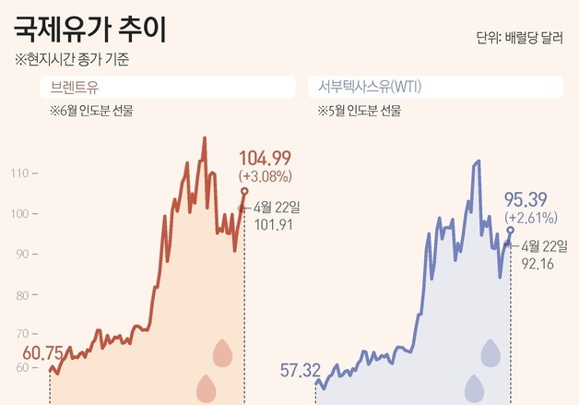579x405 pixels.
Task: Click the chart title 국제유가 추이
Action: tap(90, 30)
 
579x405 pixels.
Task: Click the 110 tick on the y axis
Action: tap(18, 173)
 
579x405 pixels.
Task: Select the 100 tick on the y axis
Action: tap(18, 214)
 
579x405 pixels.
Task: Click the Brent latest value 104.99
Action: tap(265, 157)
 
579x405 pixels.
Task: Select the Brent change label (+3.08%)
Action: tap(266, 174)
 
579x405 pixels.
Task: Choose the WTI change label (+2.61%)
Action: tap(530, 218)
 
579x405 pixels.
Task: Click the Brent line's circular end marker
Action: tap(244, 191)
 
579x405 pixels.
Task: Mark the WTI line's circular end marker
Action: tap(511, 230)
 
